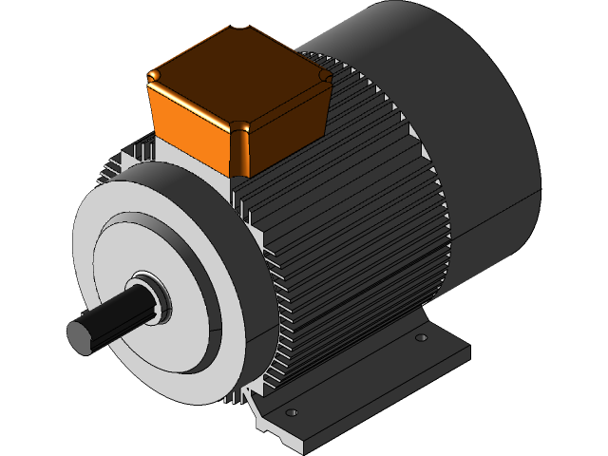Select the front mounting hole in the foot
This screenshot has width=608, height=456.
[x=292, y=412]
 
